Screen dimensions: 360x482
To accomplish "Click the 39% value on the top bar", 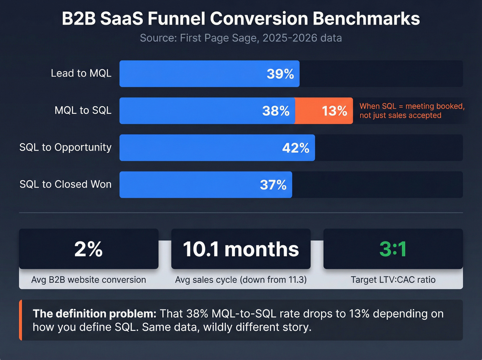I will (x=280, y=74).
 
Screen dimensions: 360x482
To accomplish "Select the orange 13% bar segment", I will (x=324, y=111).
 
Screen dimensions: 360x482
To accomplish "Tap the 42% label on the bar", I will (x=295, y=148).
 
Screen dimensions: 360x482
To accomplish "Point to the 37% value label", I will (x=273, y=185).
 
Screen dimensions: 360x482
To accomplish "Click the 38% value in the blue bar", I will (x=275, y=111).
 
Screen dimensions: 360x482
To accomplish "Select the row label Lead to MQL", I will (x=81, y=73).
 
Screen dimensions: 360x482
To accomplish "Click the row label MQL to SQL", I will (x=83, y=110).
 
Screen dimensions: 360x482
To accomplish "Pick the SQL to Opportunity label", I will (x=65, y=147).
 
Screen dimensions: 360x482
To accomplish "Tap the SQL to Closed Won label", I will (x=65, y=184).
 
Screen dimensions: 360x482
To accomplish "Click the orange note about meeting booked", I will (x=412, y=111).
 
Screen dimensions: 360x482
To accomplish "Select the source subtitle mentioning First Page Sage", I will (x=241, y=38).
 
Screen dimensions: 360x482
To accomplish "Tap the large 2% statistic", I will (x=88, y=249).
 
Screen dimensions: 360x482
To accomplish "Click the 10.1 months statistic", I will (x=241, y=249).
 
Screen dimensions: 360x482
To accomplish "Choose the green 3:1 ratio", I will (x=393, y=249).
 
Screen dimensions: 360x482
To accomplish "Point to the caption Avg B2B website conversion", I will (x=88, y=280).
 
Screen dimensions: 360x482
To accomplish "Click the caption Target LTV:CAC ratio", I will (x=393, y=280).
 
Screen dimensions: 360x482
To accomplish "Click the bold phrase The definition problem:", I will (x=94, y=313).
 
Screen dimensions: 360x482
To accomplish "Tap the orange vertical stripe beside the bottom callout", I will (x=21, y=320).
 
